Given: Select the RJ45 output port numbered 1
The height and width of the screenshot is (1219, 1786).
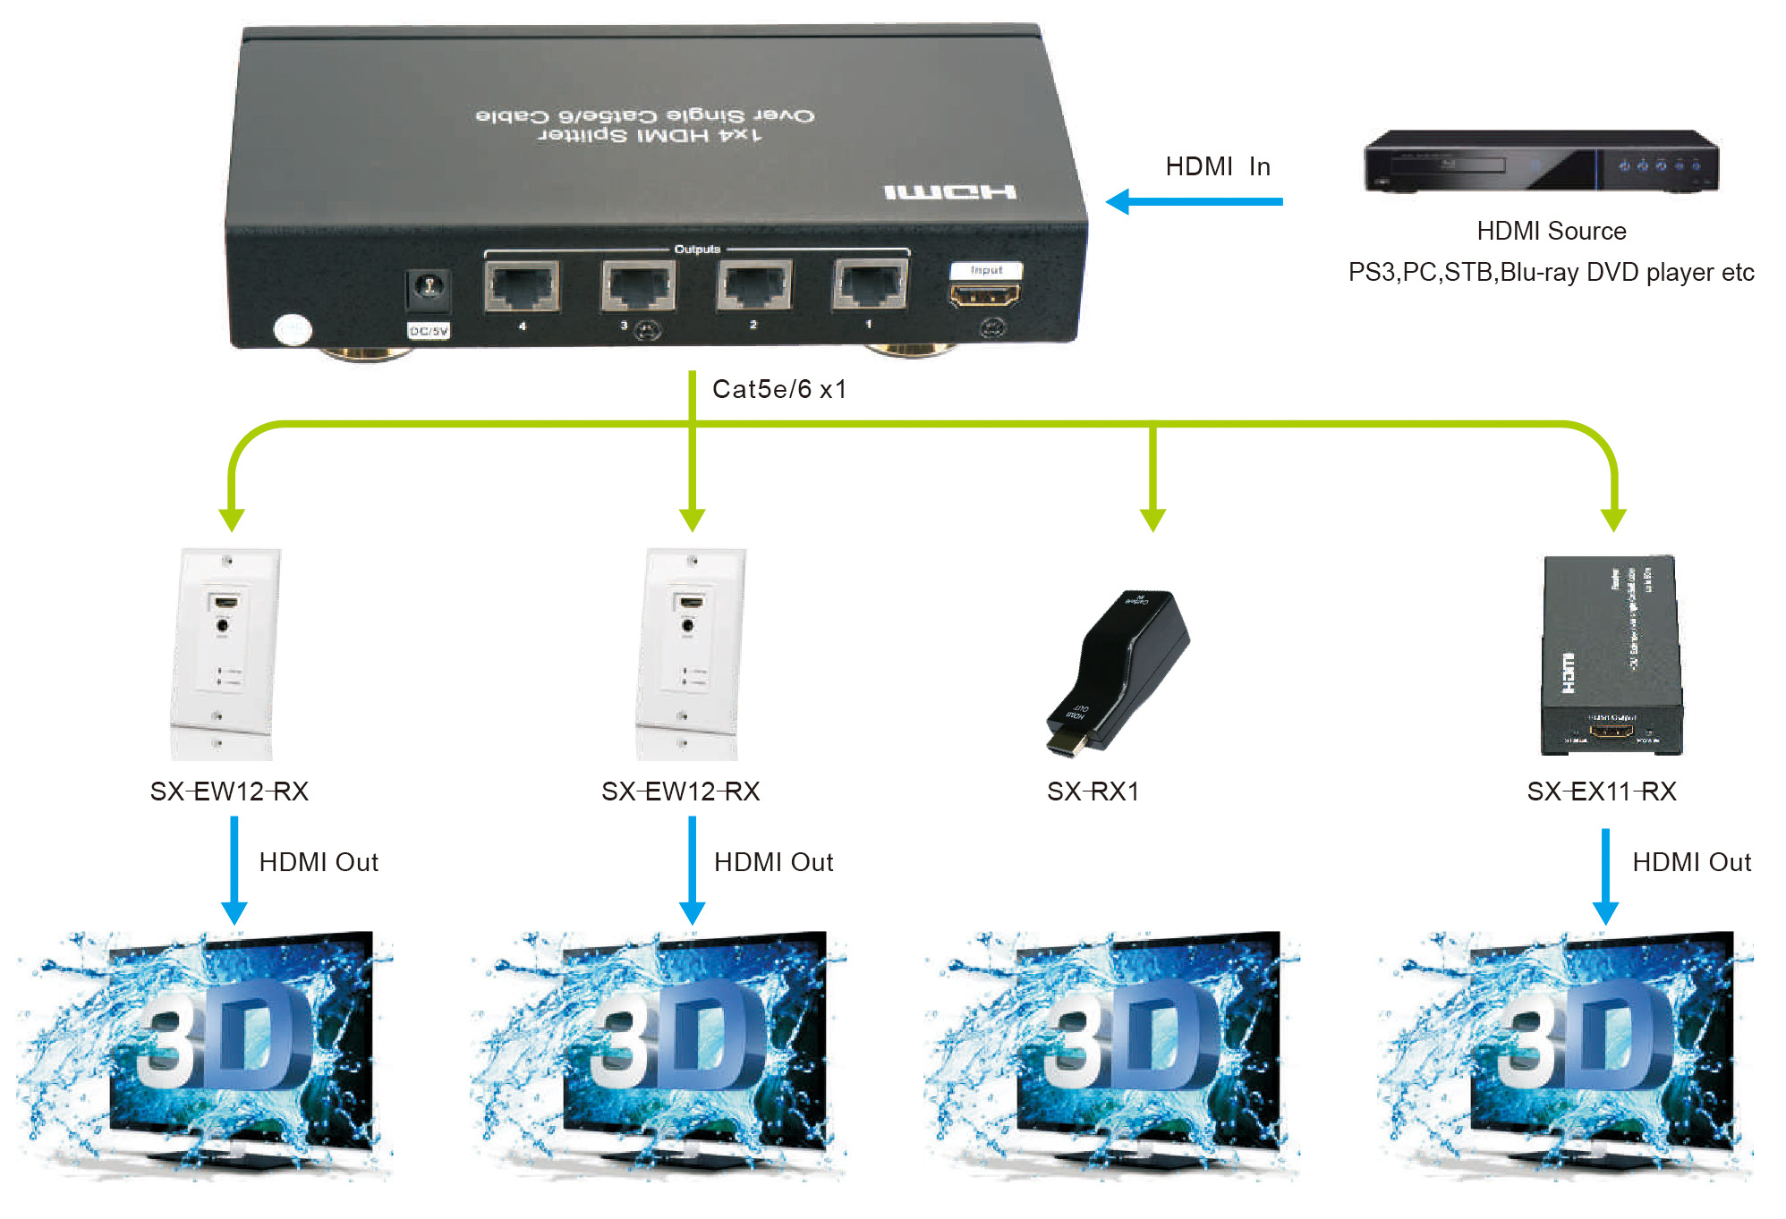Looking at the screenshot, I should [x=870, y=284].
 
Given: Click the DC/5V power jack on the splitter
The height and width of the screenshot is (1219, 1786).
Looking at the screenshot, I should [x=429, y=288].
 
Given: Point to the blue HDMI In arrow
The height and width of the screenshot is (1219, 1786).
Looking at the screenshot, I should [x=1194, y=201].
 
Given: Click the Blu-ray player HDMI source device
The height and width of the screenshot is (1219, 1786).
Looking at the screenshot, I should [x=1540, y=161].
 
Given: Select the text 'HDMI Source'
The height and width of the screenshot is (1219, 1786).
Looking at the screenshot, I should [x=1551, y=231].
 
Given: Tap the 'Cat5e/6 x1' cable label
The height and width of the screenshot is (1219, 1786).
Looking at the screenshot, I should [x=778, y=389].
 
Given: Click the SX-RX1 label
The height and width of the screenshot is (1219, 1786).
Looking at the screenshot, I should [x=1093, y=792].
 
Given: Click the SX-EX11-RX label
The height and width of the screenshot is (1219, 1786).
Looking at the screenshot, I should [x=1601, y=792].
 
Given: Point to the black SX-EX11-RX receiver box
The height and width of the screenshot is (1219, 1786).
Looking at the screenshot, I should [x=1611, y=655].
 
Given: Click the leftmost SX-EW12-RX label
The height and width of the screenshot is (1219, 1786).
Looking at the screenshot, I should [x=229, y=792].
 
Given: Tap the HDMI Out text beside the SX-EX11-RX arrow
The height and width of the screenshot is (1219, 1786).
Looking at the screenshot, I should [x=1691, y=862].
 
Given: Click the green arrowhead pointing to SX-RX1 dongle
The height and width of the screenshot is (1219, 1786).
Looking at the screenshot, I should [x=1152, y=519].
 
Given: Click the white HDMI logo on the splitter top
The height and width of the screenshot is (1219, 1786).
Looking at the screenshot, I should [x=949, y=192].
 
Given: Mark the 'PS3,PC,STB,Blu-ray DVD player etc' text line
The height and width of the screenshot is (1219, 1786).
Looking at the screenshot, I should [x=1551, y=272].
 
